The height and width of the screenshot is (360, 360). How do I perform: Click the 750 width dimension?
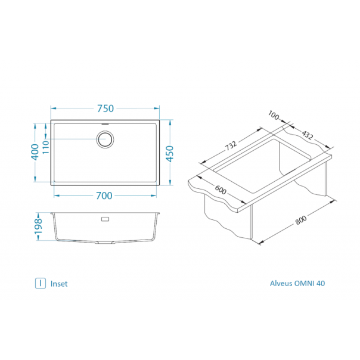105,108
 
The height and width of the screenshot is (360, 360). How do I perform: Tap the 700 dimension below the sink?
105,195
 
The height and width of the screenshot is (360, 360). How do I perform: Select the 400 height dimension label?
35,153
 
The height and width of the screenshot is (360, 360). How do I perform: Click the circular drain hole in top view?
105,140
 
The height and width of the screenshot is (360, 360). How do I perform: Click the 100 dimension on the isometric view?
274,115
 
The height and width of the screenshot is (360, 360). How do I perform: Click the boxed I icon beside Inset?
40,284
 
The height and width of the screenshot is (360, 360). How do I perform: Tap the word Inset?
59,284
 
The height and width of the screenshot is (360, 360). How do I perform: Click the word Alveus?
282,284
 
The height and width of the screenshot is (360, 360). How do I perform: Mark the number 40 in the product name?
321,284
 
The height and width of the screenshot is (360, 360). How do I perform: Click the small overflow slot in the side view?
105,219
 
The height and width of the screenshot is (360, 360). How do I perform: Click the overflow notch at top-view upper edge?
105,122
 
